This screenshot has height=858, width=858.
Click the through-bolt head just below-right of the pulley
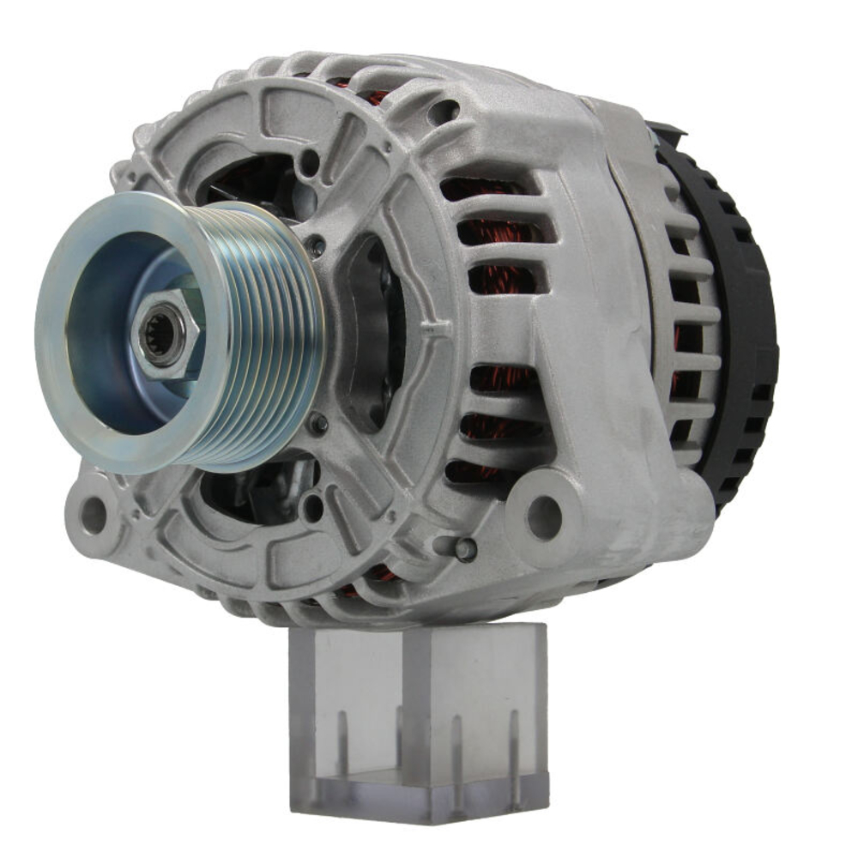[x=318, y=421]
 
